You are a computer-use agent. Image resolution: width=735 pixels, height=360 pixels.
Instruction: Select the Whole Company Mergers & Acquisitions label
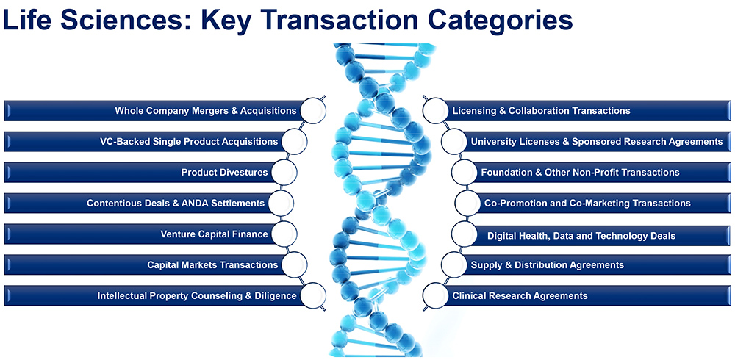[205, 111]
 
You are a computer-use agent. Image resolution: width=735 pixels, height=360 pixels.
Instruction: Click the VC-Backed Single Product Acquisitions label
[189, 141]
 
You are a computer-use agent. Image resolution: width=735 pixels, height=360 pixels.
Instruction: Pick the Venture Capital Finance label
[214, 234]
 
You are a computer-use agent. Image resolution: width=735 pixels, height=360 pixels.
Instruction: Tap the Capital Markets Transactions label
[212, 264]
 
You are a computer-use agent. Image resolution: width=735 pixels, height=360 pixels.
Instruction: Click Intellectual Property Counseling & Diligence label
[197, 296]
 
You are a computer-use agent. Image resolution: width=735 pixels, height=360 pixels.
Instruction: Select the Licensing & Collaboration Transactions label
[541, 111]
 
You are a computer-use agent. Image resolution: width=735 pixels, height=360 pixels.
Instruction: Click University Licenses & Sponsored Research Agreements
[597, 141]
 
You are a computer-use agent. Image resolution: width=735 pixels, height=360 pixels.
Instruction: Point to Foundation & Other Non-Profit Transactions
[580, 173]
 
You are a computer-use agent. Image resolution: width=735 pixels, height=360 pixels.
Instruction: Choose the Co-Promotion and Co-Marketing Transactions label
[587, 203]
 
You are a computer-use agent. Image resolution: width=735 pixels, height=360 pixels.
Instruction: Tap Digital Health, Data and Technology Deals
[581, 236]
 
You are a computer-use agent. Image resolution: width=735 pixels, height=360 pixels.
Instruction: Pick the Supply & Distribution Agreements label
[547, 264]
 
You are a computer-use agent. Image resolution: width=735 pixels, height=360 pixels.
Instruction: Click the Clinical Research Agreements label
[520, 296]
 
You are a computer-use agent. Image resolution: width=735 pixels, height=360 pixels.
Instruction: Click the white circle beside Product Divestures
[283, 173]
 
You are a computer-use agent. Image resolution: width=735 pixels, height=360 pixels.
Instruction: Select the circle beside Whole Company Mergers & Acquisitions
[312, 111]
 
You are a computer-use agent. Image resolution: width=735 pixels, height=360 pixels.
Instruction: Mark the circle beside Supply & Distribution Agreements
[454, 264]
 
